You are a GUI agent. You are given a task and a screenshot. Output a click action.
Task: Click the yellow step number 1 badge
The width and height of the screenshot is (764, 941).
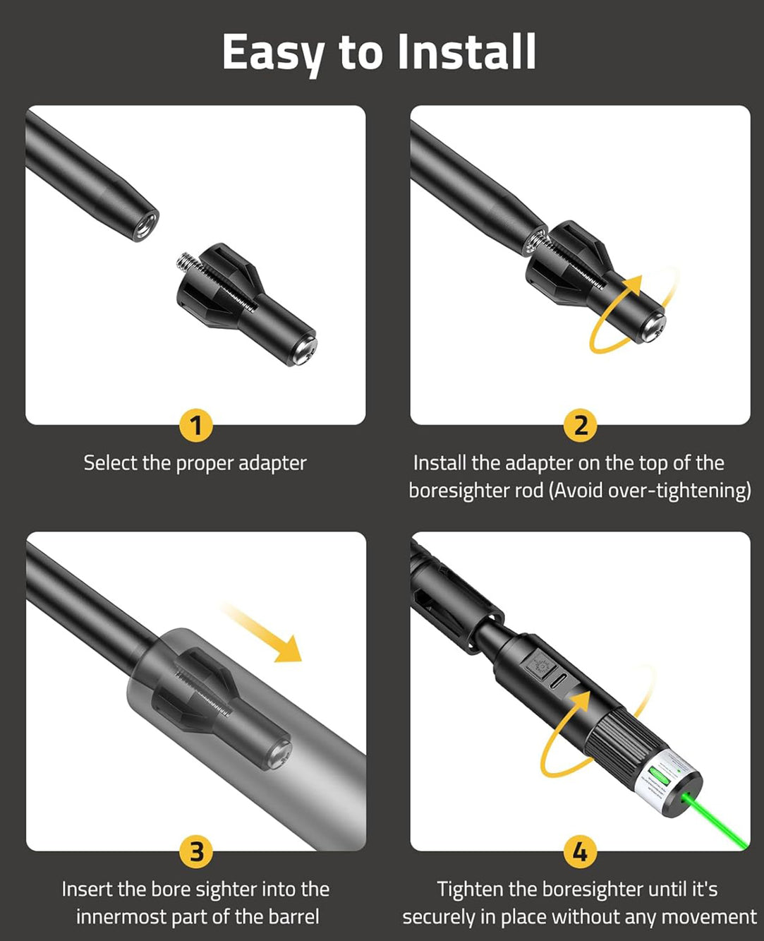(x=196, y=426)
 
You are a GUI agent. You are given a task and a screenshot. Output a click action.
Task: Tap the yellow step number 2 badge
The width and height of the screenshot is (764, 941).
(x=581, y=426)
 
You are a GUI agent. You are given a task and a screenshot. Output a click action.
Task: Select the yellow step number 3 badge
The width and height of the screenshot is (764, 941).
(x=196, y=852)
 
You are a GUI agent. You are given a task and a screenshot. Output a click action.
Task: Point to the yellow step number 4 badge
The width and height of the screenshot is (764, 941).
(x=581, y=852)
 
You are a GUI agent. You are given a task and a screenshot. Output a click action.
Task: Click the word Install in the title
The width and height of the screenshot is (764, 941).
(x=466, y=52)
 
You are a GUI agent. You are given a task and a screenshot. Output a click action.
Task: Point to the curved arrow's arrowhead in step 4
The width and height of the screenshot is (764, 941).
(x=583, y=702)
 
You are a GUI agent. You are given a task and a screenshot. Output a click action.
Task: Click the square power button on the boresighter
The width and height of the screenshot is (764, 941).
(x=540, y=664)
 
